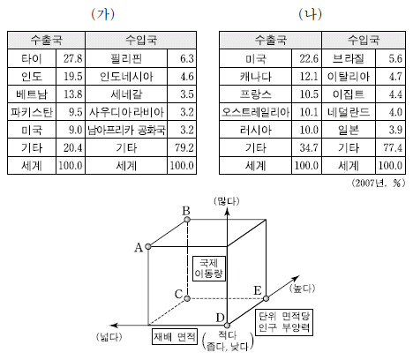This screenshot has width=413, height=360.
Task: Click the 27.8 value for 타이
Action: click(x=73, y=58)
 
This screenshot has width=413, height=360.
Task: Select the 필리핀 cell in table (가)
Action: click(x=126, y=58)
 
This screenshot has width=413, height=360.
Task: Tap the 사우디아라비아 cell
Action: click(x=126, y=112)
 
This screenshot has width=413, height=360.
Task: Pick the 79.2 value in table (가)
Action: click(x=184, y=147)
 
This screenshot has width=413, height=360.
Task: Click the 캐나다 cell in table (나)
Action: click(x=255, y=77)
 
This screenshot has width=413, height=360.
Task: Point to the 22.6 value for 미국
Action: click(x=309, y=58)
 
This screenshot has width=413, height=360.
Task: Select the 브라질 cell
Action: click(x=349, y=58)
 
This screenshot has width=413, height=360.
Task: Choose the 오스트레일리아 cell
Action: click(x=255, y=112)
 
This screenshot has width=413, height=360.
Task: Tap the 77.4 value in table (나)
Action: click(x=393, y=147)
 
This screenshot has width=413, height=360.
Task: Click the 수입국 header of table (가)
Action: click(x=141, y=40)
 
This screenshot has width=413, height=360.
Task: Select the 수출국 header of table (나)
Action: click(x=270, y=40)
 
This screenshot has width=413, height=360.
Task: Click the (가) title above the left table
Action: click(x=102, y=14)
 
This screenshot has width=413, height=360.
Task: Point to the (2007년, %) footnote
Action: click(x=379, y=184)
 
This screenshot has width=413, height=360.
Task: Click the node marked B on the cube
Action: click(x=186, y=220)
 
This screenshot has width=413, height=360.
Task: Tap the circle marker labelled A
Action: click(x=148, y=246)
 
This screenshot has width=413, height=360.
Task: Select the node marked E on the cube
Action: click(x=266, y=298)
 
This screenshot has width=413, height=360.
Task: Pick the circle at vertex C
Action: click(x=187, y=299)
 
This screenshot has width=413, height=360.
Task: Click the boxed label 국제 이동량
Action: click(x=208, y=268)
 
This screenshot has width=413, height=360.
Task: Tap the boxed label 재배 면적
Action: click(x=175, y=337)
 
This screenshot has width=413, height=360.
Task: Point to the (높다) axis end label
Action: click(x=302, y=289)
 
